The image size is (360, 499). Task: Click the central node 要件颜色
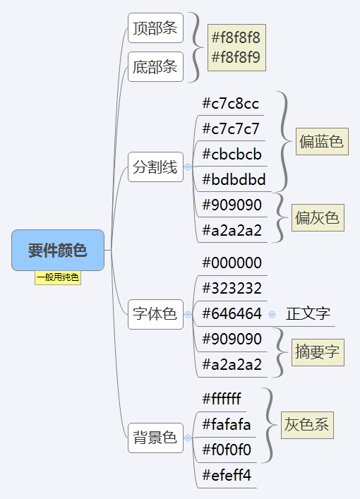tap(58, 250)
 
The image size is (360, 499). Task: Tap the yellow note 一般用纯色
tap(58, 277)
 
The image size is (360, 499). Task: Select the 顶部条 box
tap(155, 28)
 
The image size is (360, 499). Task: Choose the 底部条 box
tap(155, 67)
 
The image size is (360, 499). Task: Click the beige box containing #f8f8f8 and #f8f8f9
tap(236, 47)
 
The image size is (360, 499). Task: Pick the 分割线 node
tap(155, 167)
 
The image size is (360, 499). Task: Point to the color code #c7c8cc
tap(230, 104)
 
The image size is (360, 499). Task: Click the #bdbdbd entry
tap(234, 180)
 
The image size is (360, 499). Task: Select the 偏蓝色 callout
tap(322, 142)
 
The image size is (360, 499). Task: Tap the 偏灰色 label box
tap(318, 217)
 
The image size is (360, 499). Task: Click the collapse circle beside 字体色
tap(188, 314)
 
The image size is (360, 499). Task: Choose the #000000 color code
tap(232, 263)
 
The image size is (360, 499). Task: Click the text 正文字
tap(308, 314)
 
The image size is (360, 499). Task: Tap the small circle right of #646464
tap(272, 314)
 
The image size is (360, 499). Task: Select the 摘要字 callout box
tap(318, 352)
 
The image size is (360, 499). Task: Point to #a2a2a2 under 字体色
tap(232, 365)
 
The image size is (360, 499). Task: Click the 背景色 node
tap(155, 438)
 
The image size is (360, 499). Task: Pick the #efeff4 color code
tap(227, 476)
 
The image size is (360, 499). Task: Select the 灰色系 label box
tap(307, 425)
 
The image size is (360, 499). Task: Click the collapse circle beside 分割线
tap(188, 167)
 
